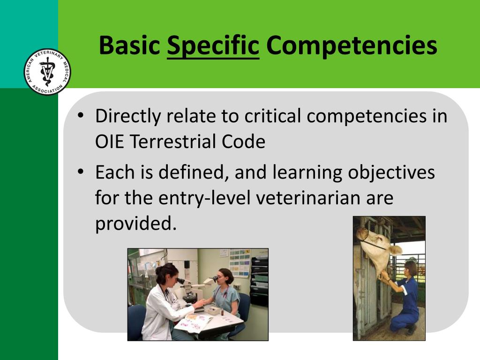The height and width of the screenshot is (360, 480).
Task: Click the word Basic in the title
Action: tap(130, 46)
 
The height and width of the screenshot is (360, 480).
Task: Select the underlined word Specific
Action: tap(213, 46)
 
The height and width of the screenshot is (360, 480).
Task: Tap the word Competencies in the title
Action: tap(352, 46)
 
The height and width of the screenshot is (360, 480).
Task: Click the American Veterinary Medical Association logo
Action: tap(47, 72)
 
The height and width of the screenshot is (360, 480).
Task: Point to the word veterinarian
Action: tap(308, 198)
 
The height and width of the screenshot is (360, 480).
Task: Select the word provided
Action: tap(136, 224)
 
